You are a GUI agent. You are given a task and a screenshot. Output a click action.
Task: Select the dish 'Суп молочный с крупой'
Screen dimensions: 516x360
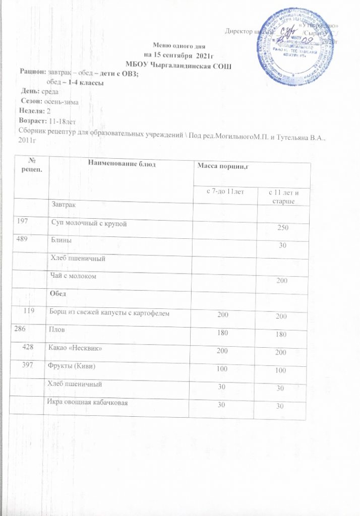click(87, 223)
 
